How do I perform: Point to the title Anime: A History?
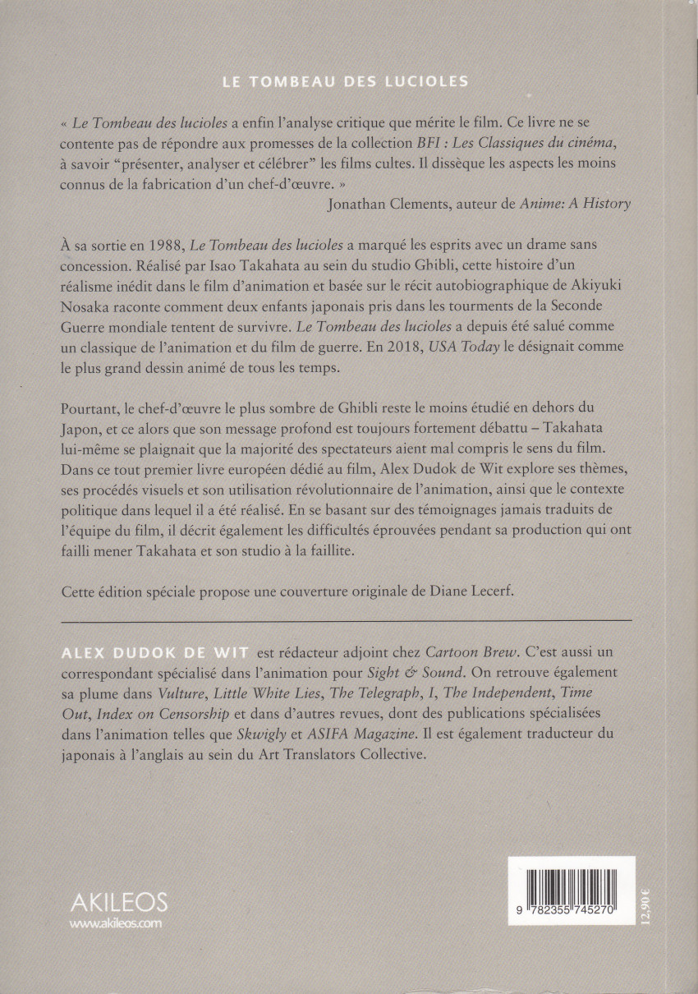(x=576, y=204)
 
